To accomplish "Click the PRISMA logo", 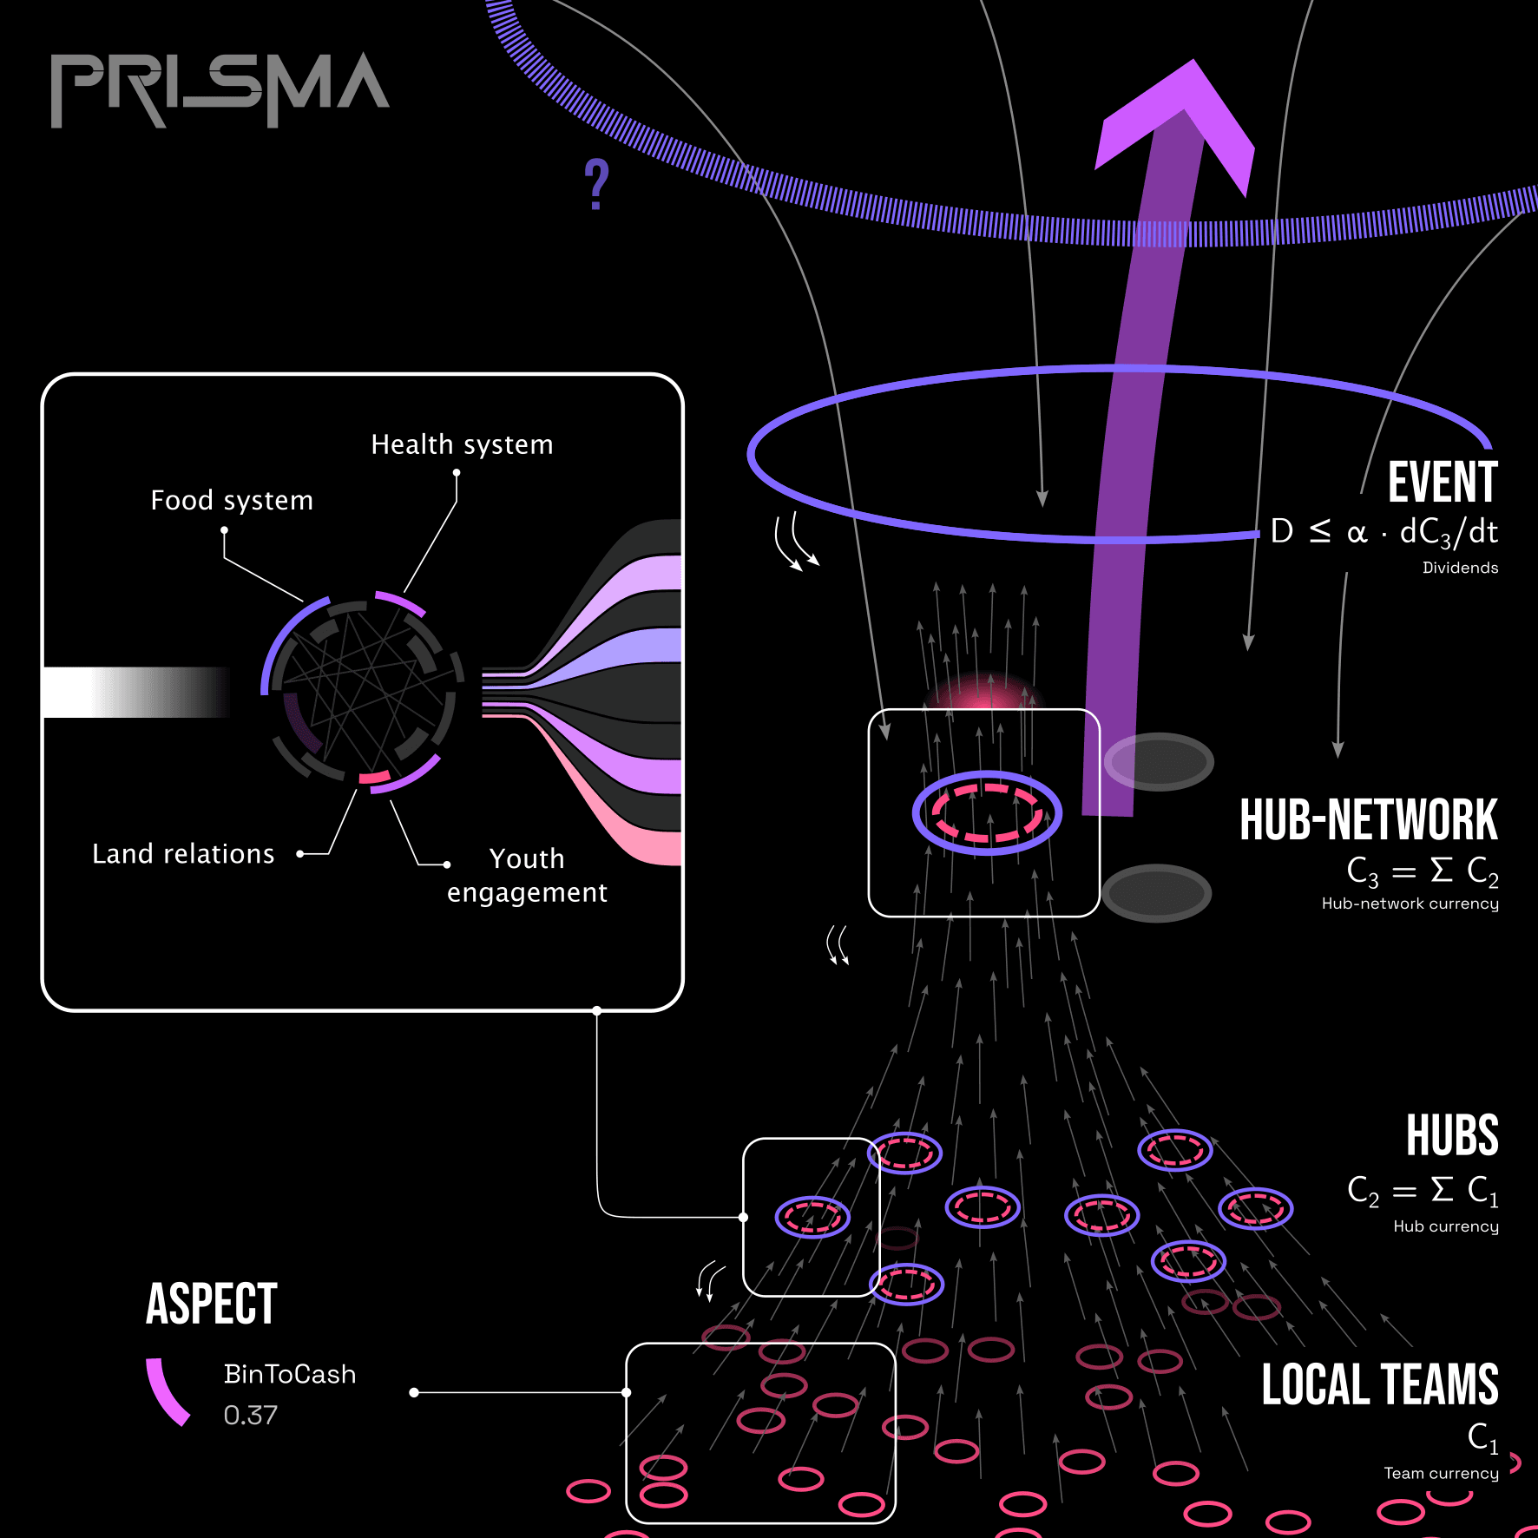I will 220,89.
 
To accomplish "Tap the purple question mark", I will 596,184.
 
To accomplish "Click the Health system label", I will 462,444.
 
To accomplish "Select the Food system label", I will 232,501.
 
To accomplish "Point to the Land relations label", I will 183,854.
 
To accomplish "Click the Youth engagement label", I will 527,875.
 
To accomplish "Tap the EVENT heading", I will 1442,483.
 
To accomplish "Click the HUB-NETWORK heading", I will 1368,820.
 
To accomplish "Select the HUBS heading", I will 1452,1135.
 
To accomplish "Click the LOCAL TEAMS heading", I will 1379,1384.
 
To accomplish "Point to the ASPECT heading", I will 211,1304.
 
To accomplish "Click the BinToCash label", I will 290,1374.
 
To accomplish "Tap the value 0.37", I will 250,1415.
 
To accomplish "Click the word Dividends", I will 1460,568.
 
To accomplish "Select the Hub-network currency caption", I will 1410,904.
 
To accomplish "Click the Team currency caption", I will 1441,1473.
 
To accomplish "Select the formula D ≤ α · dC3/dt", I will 1384,532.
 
